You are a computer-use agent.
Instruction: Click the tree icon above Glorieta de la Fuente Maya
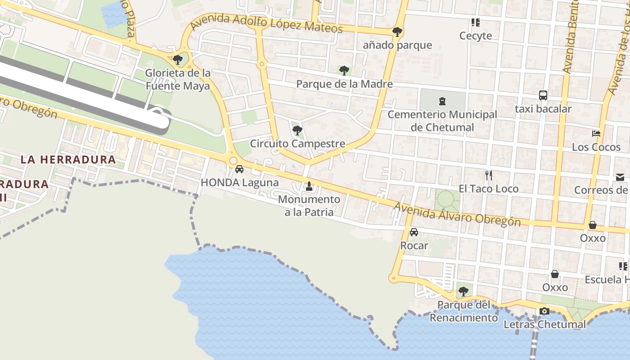[x=178, y=59]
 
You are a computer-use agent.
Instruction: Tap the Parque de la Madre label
[x=344, y=84]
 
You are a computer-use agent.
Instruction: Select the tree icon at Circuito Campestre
[x=297, y=131]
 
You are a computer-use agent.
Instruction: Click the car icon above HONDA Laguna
[x=239, y=169]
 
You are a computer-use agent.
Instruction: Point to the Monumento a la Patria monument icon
[x=309, y=186]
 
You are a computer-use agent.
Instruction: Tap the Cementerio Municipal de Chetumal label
[x=442, y=121]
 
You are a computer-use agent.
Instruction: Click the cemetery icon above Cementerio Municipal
[x=442, y=101]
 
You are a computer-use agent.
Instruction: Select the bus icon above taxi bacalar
[x=543, y=95]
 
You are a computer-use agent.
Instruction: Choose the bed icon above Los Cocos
[x=596, y=134]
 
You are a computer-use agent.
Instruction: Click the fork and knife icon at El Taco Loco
[x=489, y=175]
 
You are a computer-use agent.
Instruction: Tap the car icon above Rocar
[x=414, y=232]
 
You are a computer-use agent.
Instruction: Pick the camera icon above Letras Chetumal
[x=544, y=311]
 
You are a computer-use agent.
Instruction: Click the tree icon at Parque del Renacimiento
[x=463, y=292]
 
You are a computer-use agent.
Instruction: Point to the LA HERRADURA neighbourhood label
[x=68, y=159]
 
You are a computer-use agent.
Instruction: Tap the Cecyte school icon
[x=475, y=22]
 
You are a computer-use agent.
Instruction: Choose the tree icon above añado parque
[x=397, y=32]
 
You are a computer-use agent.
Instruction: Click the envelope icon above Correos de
[x=620, y=177]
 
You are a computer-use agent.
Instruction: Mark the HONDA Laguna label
[x=239, y=183]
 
